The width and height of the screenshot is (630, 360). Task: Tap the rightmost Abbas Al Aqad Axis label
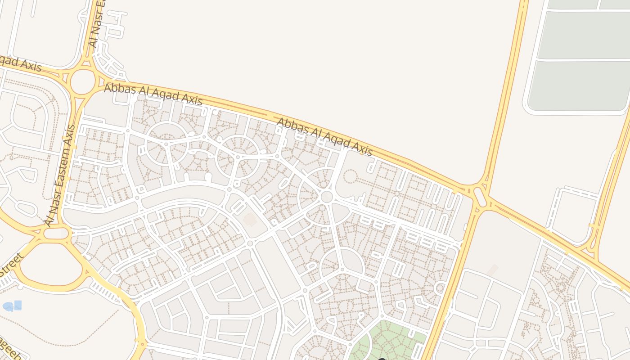(324, 137)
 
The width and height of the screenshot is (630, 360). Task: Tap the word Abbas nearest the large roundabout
(119, 88)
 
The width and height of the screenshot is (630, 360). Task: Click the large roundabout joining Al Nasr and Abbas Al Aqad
(82, 81)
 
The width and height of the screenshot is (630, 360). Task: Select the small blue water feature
(12, 306)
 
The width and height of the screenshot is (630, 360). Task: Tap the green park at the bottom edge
(387, 342)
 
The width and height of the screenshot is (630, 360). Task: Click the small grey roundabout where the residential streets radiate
(327, 196)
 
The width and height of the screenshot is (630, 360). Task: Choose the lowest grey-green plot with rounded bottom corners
(578, 85)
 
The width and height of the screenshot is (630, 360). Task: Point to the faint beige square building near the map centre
(249, 220)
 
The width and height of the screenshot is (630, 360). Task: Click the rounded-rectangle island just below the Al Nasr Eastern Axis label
(56, 233)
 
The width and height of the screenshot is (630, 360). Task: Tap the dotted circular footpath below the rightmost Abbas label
(350, 175)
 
